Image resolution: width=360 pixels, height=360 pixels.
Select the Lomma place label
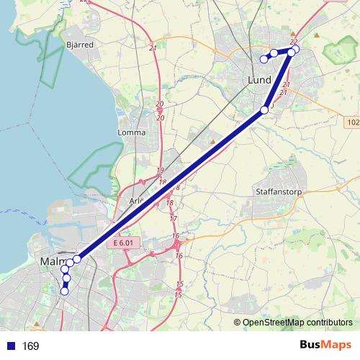pos(131,132)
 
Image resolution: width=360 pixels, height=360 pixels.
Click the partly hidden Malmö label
pos(53,261)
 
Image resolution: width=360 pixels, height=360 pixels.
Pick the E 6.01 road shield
pos(124,244)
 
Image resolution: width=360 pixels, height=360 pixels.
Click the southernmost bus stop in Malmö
pos(64,292)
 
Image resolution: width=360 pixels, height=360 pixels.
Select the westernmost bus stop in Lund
pos(264,58)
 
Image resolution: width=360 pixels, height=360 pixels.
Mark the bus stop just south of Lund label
pos(264,109)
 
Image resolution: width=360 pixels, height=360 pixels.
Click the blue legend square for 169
pos(10,346)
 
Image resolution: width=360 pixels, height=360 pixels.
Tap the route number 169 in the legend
pos(30,346)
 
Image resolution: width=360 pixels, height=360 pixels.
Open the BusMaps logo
pos(325,346)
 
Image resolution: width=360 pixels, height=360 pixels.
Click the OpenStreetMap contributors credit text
pos(297,322)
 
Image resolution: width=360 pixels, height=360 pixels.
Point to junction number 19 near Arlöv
pos(161,171)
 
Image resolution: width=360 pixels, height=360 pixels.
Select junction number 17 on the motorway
pos(173,218)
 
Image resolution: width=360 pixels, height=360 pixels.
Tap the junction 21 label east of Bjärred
pos(153,48)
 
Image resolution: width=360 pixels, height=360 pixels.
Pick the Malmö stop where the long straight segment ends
pos(77,258)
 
